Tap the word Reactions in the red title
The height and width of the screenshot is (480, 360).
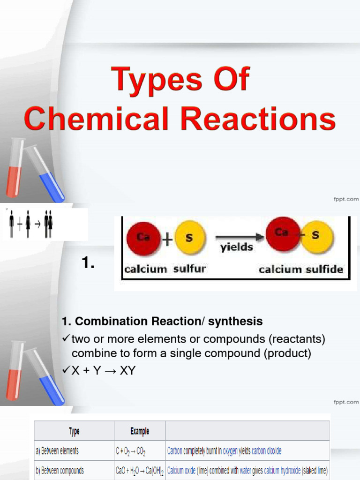tap(258, 119)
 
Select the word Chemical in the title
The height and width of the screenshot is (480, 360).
tap(96, 119)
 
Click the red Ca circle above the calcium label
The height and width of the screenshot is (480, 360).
tap(143, 239)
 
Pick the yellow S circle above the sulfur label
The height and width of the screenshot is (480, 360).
tap(189, 239)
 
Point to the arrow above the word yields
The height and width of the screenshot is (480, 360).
tap(237, 237)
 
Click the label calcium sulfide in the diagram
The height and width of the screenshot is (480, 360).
tap(301, 270)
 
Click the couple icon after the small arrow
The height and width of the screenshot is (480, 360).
tap(48, 224)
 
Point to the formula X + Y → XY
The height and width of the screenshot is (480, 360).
tap(103, 371)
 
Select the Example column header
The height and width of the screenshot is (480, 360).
tap(140, 431)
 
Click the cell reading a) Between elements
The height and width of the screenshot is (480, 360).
tap(57, 451)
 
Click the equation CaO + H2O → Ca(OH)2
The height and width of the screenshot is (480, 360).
tap(139, 470)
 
